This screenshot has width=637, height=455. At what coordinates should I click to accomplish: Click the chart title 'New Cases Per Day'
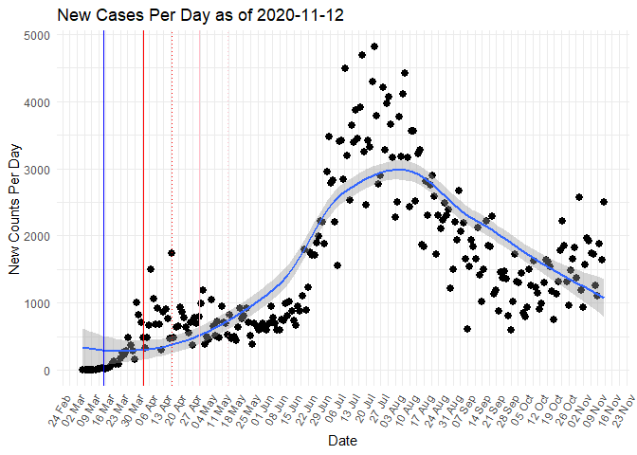coord(123,15)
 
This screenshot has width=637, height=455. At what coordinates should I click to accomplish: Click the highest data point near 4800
coord(374,46)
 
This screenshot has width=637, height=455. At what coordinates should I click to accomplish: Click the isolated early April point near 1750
coord(172,253)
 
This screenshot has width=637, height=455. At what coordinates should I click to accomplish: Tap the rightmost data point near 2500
coord(604,202)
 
